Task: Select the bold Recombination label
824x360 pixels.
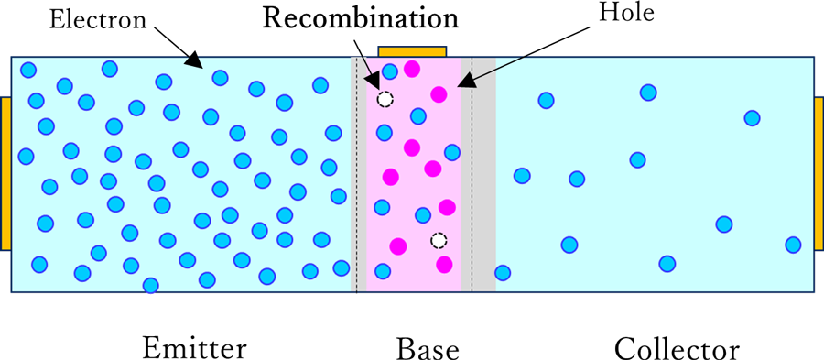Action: coord(361,18)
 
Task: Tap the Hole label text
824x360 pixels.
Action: coord(627,13)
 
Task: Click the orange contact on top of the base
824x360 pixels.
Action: coord(413,51)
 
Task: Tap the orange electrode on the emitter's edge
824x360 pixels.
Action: coord(5,173)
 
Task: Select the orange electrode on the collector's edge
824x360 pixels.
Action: coord(819,173)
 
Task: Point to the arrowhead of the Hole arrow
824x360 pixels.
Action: coord(466,81)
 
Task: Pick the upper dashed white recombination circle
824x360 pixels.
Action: coord(385,98)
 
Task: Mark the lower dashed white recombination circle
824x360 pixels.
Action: coord(439,241)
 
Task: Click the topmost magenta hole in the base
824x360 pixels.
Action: coord(411,68)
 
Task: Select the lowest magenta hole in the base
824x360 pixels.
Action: coord(444,265)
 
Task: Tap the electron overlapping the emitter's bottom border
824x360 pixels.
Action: coord(151,286)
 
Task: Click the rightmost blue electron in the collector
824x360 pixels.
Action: coord(793,245)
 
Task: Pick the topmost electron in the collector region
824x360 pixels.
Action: coord(648,93)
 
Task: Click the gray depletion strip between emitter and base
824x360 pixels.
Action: coord(358,173)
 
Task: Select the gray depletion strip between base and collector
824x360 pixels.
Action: coord(478,173)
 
